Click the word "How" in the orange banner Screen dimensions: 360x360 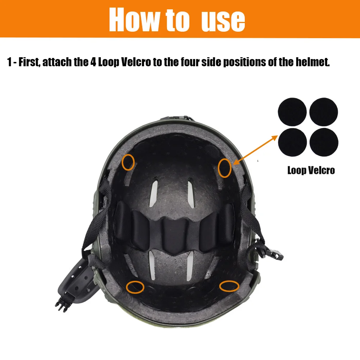[134, 19]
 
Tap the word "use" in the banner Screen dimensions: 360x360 [223, 22]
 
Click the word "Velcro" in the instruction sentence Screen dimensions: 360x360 [136, 62]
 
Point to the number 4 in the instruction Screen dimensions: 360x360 [93, 62]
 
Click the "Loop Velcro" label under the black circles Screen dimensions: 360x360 [311, 170]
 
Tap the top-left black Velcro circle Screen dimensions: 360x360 [292, 112]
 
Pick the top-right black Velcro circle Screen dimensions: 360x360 [324, 112]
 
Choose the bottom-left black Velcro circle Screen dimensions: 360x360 [292, 142]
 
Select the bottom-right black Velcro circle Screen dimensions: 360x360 [324, 142]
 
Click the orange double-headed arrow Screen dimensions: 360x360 [255, 150]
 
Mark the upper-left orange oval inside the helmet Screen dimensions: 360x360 [122, 162]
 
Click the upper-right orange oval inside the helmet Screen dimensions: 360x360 [218, 168]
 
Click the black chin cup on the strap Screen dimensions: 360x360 [76, 278]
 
